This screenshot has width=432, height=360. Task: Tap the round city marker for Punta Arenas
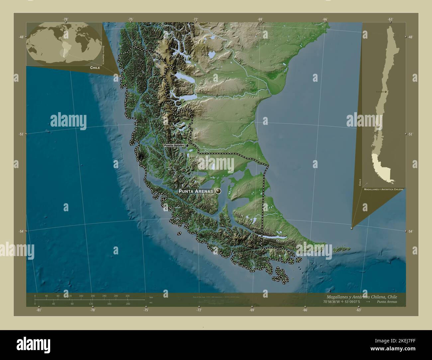(218, 191)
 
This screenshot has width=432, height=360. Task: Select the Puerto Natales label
(174, 146)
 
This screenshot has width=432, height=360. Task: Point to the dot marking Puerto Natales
(187, 145)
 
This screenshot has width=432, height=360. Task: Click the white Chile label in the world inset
(95, 67)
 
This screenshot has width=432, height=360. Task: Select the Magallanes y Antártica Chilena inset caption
(383, 189)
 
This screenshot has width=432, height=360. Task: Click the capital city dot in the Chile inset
(385, 91)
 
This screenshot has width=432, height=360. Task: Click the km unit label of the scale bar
(151, 297)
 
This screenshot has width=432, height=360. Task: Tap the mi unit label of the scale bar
(151, 303)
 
